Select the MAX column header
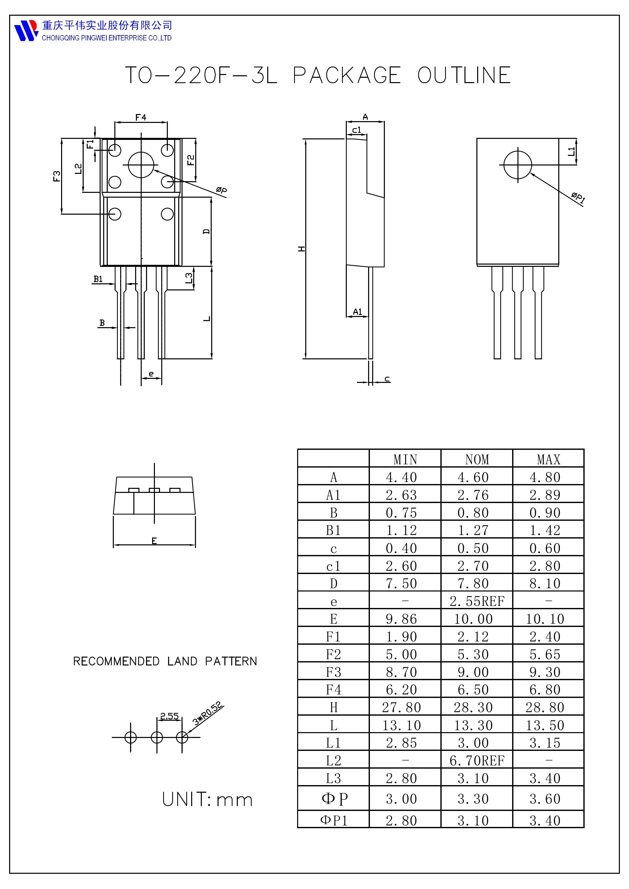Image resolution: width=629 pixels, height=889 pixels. [548, 460]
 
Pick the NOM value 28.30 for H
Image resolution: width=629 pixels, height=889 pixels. [473, 707]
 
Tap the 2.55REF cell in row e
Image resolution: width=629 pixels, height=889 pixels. [477, 601]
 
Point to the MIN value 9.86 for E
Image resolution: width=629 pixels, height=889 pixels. [401, 619]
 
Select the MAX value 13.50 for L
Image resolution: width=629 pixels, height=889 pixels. [545, 725]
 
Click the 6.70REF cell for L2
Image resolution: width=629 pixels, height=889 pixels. [477, 761]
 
